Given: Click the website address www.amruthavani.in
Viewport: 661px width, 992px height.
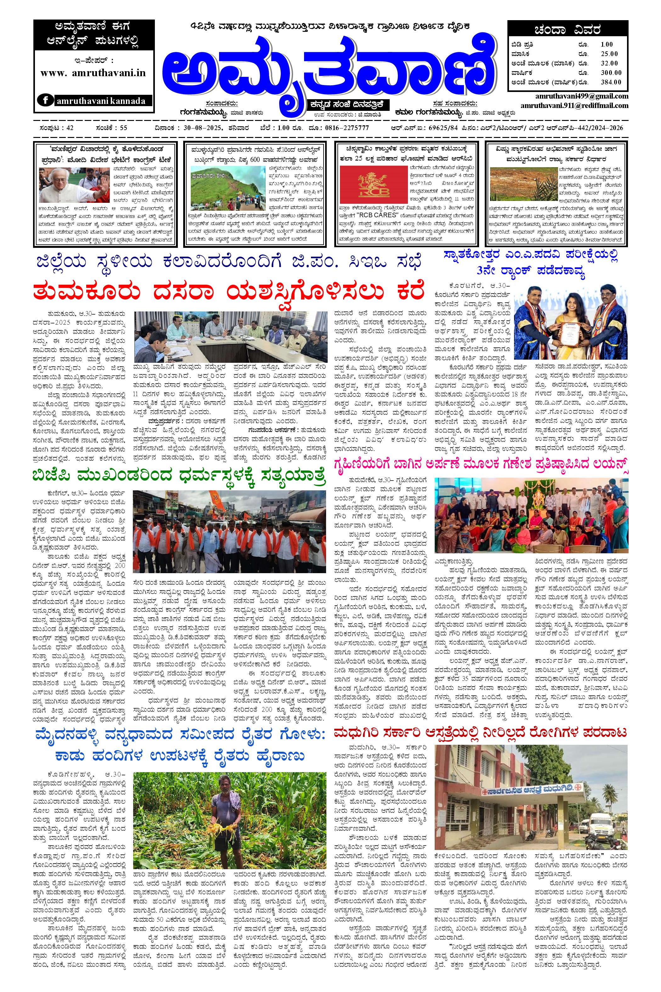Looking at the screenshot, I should (x=93, y=72).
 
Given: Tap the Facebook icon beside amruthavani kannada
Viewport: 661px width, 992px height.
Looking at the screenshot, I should (x=45, y=100).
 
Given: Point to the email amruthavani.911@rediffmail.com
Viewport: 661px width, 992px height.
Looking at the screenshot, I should (x=574, y=105).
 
